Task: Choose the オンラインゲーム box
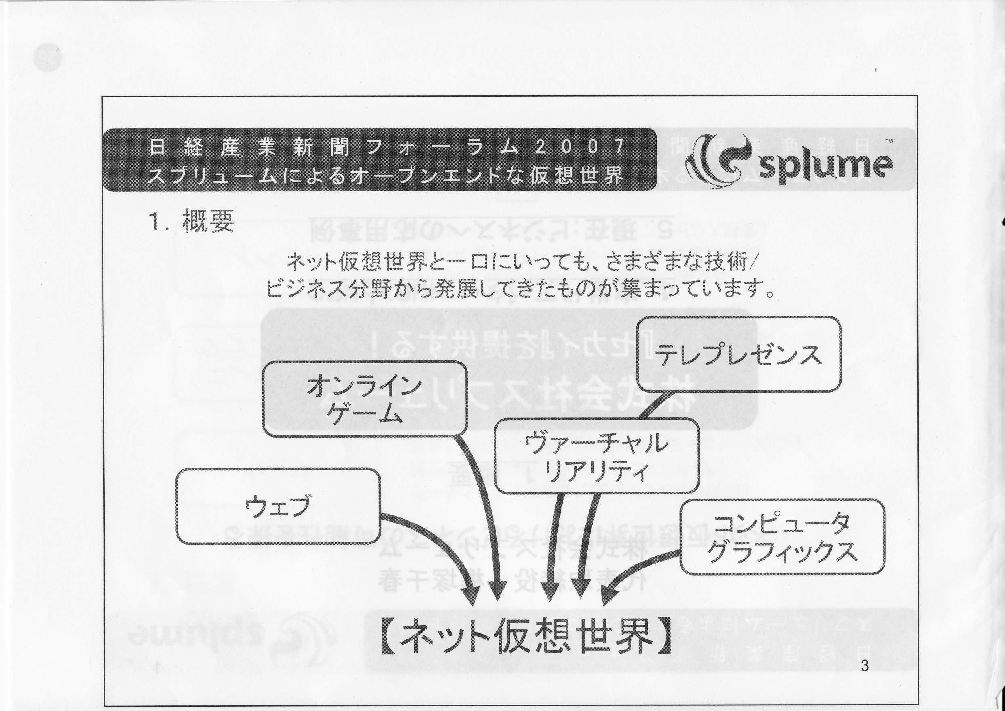click(365, 398)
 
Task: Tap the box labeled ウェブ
click(278, 506)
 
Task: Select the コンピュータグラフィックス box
click(782, 537)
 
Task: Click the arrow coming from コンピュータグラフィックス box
click(639, 569)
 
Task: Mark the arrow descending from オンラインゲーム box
click(486, 517)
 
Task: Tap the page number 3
click(864, 666)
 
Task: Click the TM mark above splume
click(877, 141)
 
